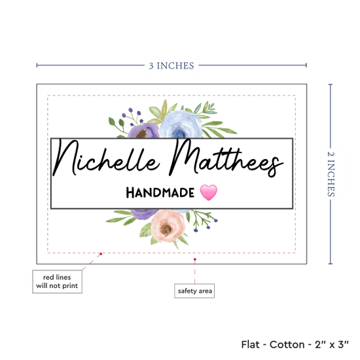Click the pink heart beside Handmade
(208, 192)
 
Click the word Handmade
(160, 192)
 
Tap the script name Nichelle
(106, 158)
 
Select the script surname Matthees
(226, 158)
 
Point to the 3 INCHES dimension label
(171, 65)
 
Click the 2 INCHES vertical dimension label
(331, 174)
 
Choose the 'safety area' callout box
(194, 291)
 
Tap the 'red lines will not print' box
(57, 281)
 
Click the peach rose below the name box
(168, 226)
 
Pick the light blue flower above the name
(181, 124)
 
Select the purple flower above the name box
(144, 131)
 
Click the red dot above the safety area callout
(194, 259)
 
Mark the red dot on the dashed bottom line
(101, 254)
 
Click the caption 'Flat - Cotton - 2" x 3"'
(295, 344)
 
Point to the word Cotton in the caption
(287, 344)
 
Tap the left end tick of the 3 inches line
(37, 65)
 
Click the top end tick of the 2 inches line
(331, 84)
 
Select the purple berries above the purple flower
(133, 116)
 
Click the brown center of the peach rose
(166, 228)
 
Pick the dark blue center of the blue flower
(179, 133)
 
